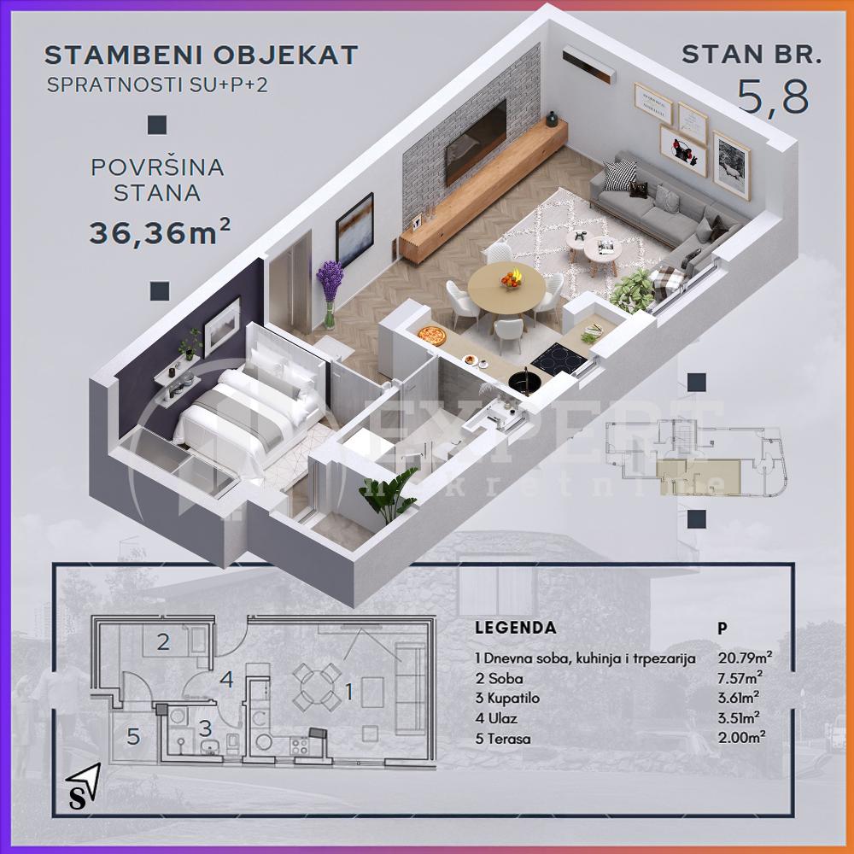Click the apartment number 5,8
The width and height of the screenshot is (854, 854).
(774, 97)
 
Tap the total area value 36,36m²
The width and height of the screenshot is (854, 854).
(161, 232)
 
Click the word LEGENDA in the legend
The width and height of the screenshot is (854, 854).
(515, 628)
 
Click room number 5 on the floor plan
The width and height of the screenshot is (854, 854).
(133, 735)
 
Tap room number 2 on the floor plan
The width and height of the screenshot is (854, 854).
(163, 641)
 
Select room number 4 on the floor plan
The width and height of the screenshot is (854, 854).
(225, 680)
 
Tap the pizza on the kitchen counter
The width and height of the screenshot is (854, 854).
(434, 334)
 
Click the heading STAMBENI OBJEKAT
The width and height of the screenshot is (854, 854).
(201, 56)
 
